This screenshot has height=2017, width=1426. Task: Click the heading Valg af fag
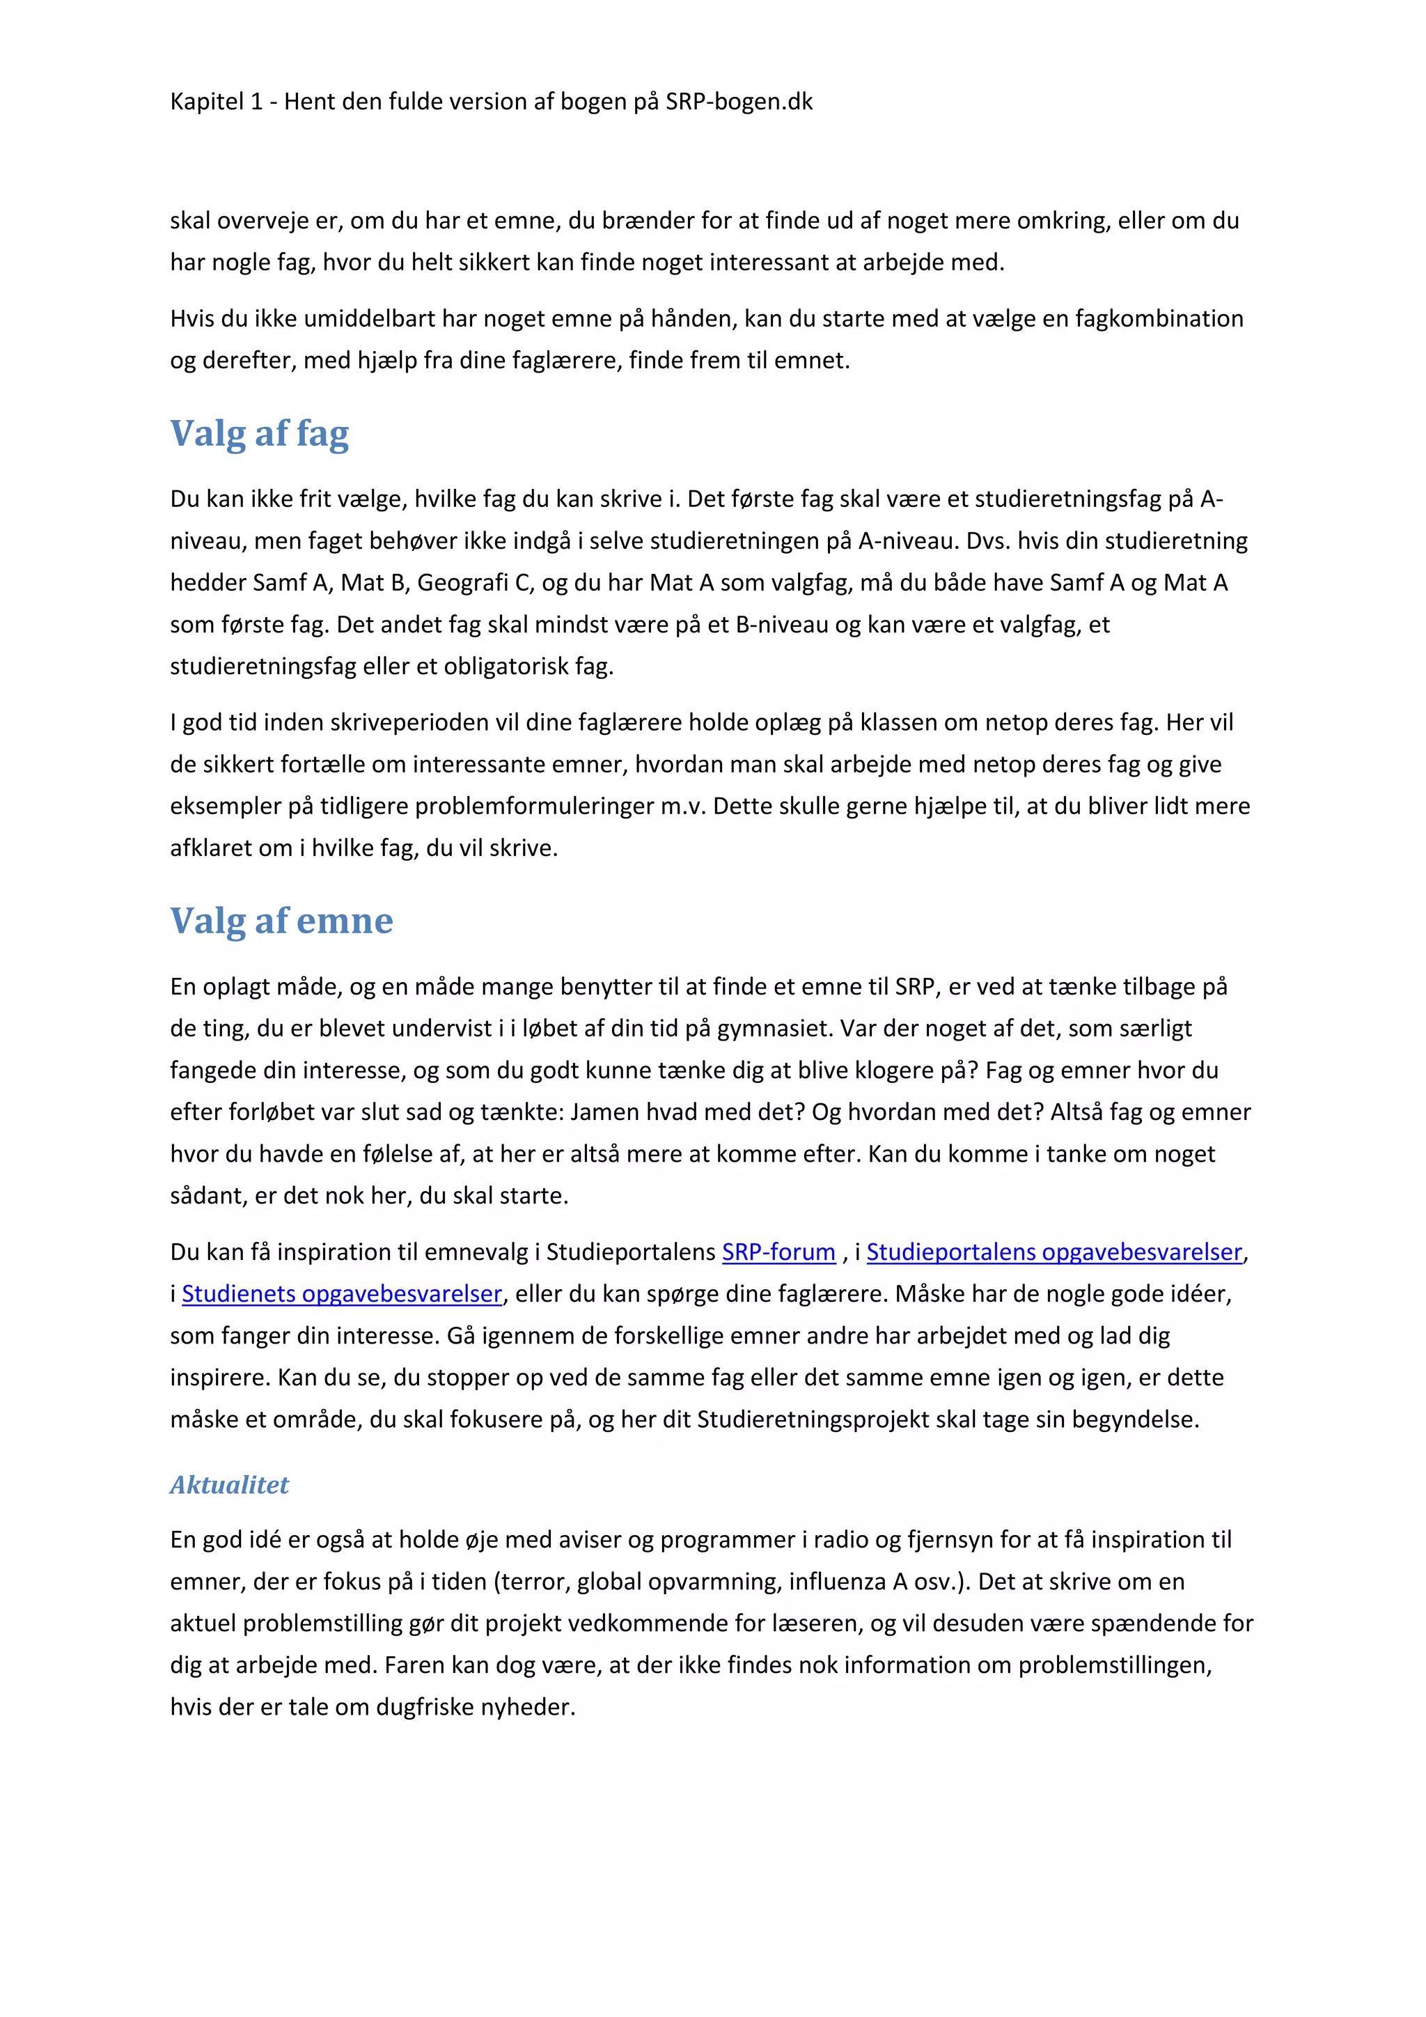(259, 433)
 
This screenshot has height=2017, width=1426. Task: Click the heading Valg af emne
(281, 921)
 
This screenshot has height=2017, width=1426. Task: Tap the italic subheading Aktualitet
(229, 1485)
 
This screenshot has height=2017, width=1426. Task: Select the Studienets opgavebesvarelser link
(342, 1294)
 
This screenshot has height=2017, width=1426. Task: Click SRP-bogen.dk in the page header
(739, 102)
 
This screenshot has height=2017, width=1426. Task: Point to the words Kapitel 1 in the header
(216, 102)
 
